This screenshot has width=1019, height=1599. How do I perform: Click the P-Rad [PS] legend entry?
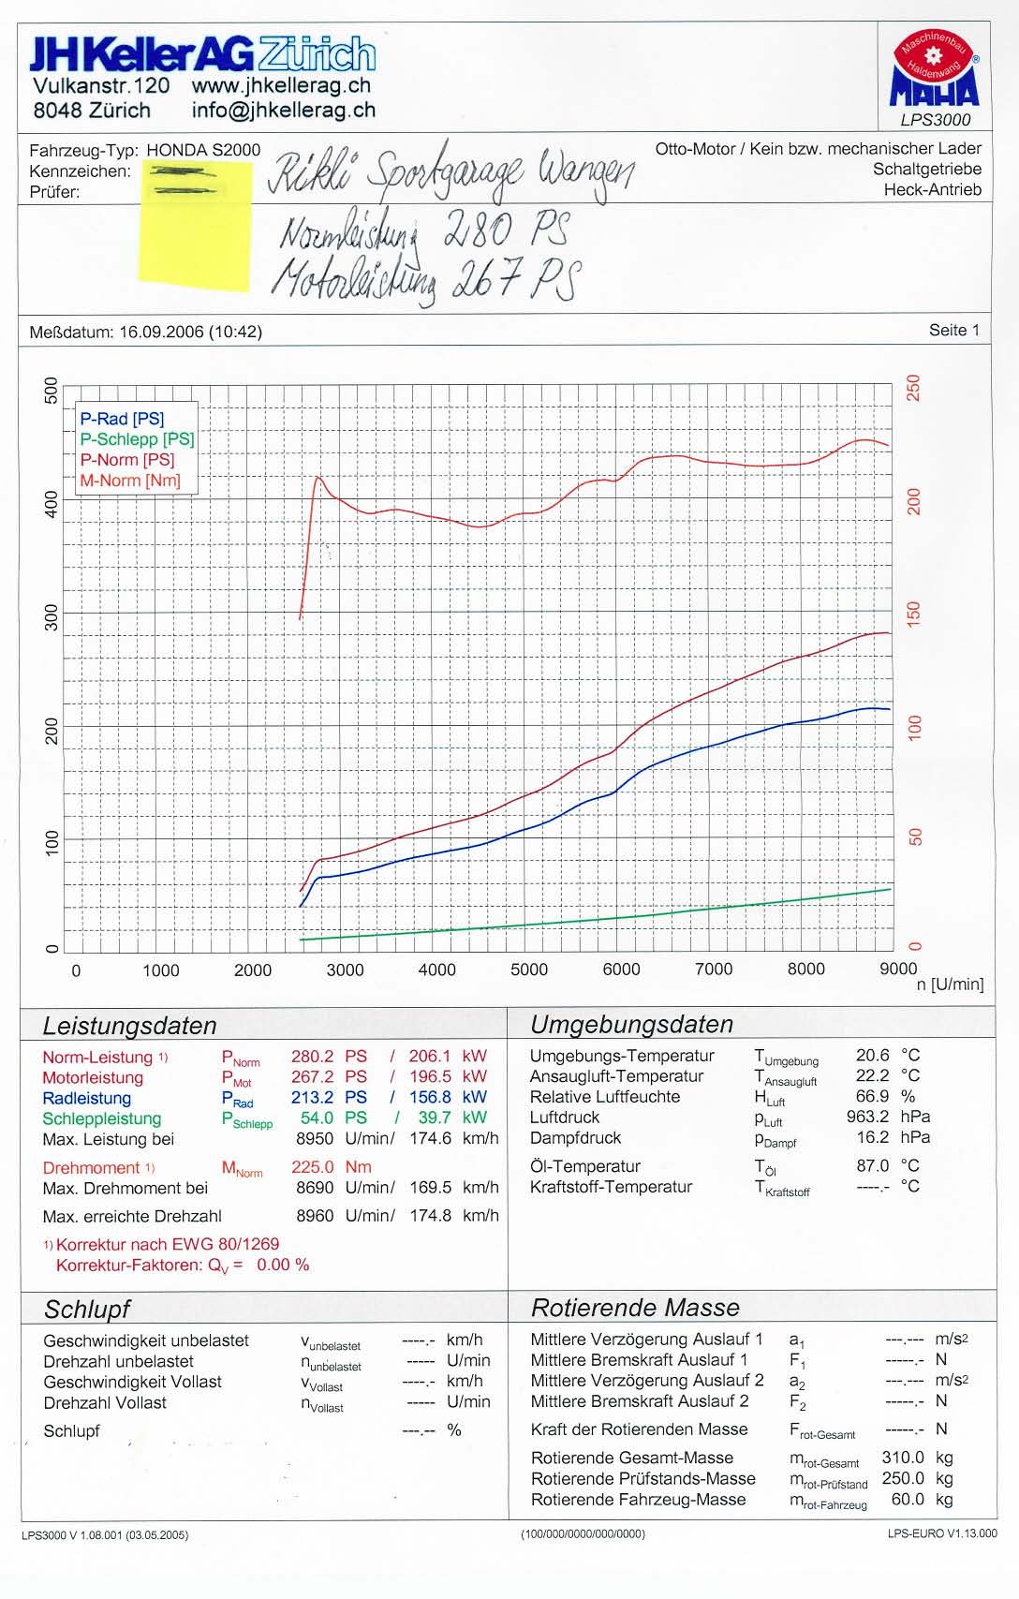[x=122, y=419]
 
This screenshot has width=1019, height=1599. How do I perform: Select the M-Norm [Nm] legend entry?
[x=129, y=481]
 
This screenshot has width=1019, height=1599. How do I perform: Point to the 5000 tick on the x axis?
[x=529, y=970]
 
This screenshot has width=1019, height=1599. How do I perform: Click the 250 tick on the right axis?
[x=914, y=388]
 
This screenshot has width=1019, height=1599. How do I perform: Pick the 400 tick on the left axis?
[x=52, y=504]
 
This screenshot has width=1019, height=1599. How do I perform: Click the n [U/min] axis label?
[x=950, y=985]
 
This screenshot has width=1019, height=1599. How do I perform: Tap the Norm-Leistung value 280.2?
[x=312, y=1057]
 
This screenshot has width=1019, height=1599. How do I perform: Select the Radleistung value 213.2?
[x=312, y=1098]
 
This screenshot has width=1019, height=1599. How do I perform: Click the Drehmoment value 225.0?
[x=312, y=1168]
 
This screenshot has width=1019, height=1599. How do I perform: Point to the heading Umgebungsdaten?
[x=631, y=1025]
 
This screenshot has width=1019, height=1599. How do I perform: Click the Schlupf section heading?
[x=87, y=1309]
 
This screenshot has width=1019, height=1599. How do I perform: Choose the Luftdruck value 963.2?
[x=867, y=1117]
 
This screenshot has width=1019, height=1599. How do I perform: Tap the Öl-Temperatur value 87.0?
[x=872, y=1166]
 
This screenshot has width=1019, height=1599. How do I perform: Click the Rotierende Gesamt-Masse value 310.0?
[x=903, y=1458]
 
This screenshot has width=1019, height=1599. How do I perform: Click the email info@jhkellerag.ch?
[x=283, y=110]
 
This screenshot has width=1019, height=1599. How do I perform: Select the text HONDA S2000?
[x=203, y=151]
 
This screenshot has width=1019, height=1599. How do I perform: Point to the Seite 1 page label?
[x=953, y=330]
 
